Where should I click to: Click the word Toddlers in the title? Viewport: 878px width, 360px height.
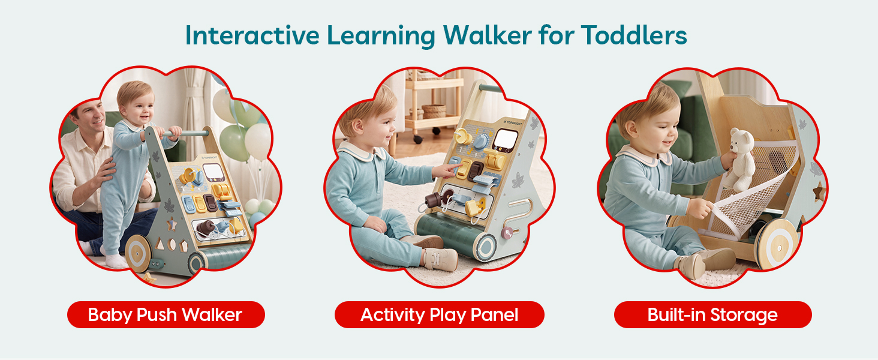[634, 35]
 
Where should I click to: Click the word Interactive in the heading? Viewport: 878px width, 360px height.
[252, 35]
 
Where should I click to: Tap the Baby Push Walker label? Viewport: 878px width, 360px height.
[166, 314]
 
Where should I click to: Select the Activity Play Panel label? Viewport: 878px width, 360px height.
[439, 314]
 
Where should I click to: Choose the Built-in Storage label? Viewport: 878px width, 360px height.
[712, 314]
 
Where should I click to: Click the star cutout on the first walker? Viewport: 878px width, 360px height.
[172, 225]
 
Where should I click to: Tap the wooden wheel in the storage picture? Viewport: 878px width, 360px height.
[778, 243]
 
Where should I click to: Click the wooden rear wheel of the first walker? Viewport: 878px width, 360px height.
[137, 253]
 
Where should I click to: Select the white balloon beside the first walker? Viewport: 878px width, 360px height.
[257, 141]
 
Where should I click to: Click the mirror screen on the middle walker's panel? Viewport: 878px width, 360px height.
[505, 140]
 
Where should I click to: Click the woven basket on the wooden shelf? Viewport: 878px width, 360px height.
[434, 111]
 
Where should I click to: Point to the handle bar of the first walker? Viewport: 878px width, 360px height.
[188, 133]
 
